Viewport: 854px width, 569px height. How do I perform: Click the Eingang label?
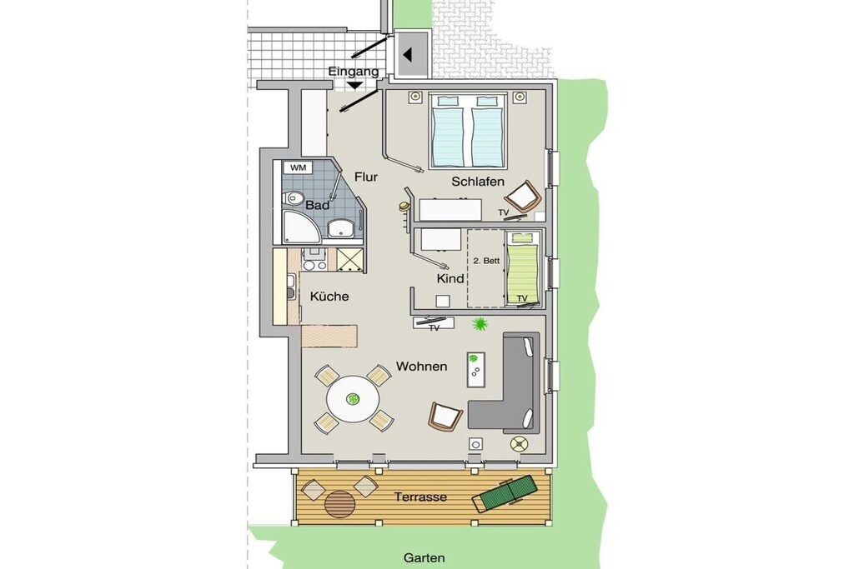click(353, 72)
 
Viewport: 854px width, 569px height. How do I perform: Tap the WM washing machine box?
click(298, 167)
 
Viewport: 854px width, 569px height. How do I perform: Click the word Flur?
click(365, 177)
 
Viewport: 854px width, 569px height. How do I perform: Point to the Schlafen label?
click(478, 182)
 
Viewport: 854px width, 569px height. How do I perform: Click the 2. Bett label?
click(486, 261)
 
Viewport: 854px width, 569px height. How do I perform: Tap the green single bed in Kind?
click(523, 267)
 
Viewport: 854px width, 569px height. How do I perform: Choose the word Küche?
click(329, 297)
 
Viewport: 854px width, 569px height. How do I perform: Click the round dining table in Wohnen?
click(353, 401)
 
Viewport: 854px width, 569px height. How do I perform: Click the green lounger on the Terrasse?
click(504, 493)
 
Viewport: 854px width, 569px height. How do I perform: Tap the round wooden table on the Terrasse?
click(340, 504)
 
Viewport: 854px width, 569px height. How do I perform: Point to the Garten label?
click(424, 557)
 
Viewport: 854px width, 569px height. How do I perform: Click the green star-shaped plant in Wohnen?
click(480, 325)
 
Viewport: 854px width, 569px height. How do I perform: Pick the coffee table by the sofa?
click(476, 369)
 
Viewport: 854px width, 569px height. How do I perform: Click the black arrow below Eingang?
click(354, 86)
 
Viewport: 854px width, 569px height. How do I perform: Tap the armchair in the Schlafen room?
click(523, 196)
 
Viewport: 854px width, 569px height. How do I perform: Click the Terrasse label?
click(420, 497)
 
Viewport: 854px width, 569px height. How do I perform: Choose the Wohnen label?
click(421, 366)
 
